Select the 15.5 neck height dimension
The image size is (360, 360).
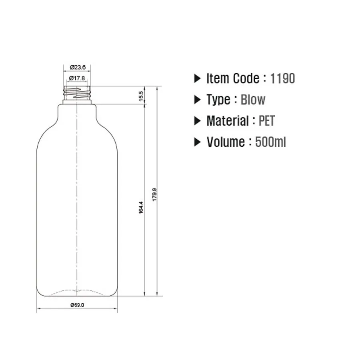[x=141, y=96]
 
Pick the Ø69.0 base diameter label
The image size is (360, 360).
[x=77, y=305]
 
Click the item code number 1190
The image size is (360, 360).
[x=282, y=78]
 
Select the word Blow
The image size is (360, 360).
[x=253, y=100]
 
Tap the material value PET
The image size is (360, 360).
[x=267, y=121]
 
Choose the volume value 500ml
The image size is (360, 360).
[x=270, y=142]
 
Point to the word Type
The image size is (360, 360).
[x=218, y=100]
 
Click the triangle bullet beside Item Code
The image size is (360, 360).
[x=197, y=78]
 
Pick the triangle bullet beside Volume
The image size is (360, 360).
[x=197, y=142]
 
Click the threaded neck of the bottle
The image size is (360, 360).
[x=77, y=93]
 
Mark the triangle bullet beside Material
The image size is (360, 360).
[x=197, y=121]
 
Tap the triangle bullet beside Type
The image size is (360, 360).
[x=197, y=100]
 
